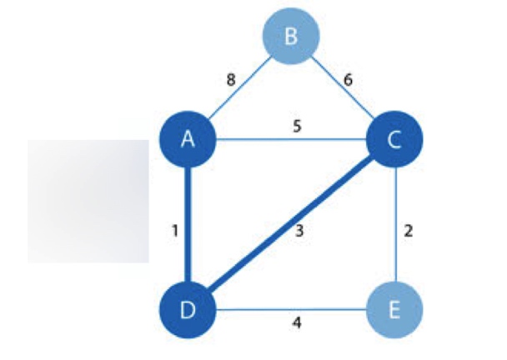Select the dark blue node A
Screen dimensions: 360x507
(188, 139)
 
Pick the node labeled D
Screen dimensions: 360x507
(188, 310)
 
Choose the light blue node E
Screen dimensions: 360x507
(394, 310)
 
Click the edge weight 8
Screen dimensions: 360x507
(231, 80)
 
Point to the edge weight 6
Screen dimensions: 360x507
(349, 80)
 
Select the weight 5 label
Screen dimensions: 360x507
(296, 127)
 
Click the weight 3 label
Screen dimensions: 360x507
(299, 232)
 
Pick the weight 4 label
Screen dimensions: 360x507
(296, 321)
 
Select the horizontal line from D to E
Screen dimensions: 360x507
(292, 310)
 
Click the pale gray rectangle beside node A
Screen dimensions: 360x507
(88, 201)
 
